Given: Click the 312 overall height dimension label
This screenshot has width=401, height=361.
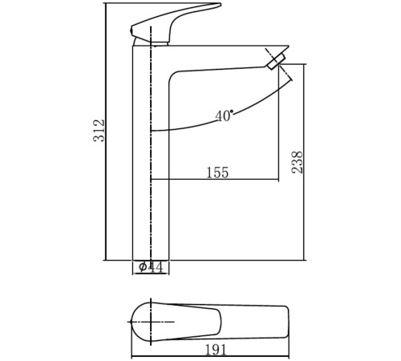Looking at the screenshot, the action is point(99,130).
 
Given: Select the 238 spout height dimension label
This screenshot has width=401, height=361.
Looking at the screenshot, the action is point(298,162).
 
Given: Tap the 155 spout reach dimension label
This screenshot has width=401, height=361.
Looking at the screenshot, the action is point(217,172).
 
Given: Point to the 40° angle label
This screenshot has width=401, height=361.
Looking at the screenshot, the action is point(224,116).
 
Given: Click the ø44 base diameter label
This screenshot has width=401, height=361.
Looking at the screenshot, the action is point(151,267).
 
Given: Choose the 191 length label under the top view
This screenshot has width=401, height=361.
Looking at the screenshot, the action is point(216,350).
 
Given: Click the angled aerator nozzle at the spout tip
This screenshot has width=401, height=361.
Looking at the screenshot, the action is point(276,61).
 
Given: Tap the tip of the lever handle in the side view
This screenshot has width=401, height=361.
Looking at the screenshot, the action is point(221,4).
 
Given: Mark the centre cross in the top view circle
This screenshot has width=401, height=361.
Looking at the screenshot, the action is point(152,322).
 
